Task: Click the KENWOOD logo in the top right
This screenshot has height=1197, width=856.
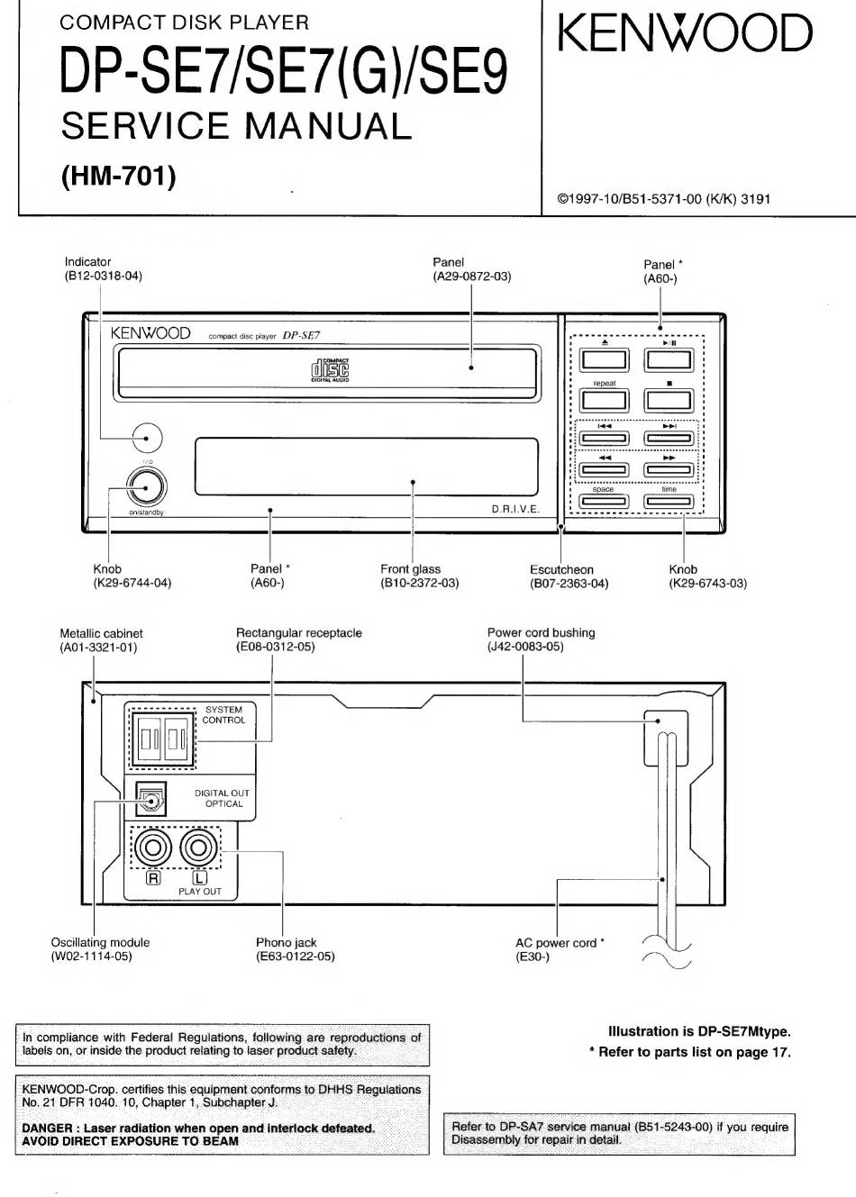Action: [x=685, y=33]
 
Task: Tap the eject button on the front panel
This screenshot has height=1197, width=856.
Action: [x=605, y=359]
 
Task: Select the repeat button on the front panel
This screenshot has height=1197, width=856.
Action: [x=605, y=400]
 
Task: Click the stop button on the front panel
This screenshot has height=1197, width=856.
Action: [x=669, y=400]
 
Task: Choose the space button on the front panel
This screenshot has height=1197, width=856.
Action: [x=605, y=502]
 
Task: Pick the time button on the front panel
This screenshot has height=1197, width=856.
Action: [x=669, y=502]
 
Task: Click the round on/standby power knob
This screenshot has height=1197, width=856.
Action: [x=147, y=486]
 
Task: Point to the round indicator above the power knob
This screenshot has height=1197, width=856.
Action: [x=147, y=438]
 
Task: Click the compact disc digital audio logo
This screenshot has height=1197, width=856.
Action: [x=330, y=370]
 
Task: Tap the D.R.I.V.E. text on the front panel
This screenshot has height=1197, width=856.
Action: [x=515, y=509]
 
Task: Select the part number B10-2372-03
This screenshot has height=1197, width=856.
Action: [x=420, y=583]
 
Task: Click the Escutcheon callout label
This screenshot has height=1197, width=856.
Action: [x=561, y=569]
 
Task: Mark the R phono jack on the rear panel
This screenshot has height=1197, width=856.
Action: [x=153, y=848]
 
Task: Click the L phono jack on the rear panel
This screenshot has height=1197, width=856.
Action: [x=198, y=848]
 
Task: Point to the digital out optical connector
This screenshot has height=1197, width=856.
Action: [x=150, y=799]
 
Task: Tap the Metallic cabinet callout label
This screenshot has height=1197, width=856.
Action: [x=101, y=634]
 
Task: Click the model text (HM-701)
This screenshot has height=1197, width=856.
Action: [x=119, y=176]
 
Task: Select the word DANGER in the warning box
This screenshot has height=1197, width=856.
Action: [x=47, y=1128]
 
